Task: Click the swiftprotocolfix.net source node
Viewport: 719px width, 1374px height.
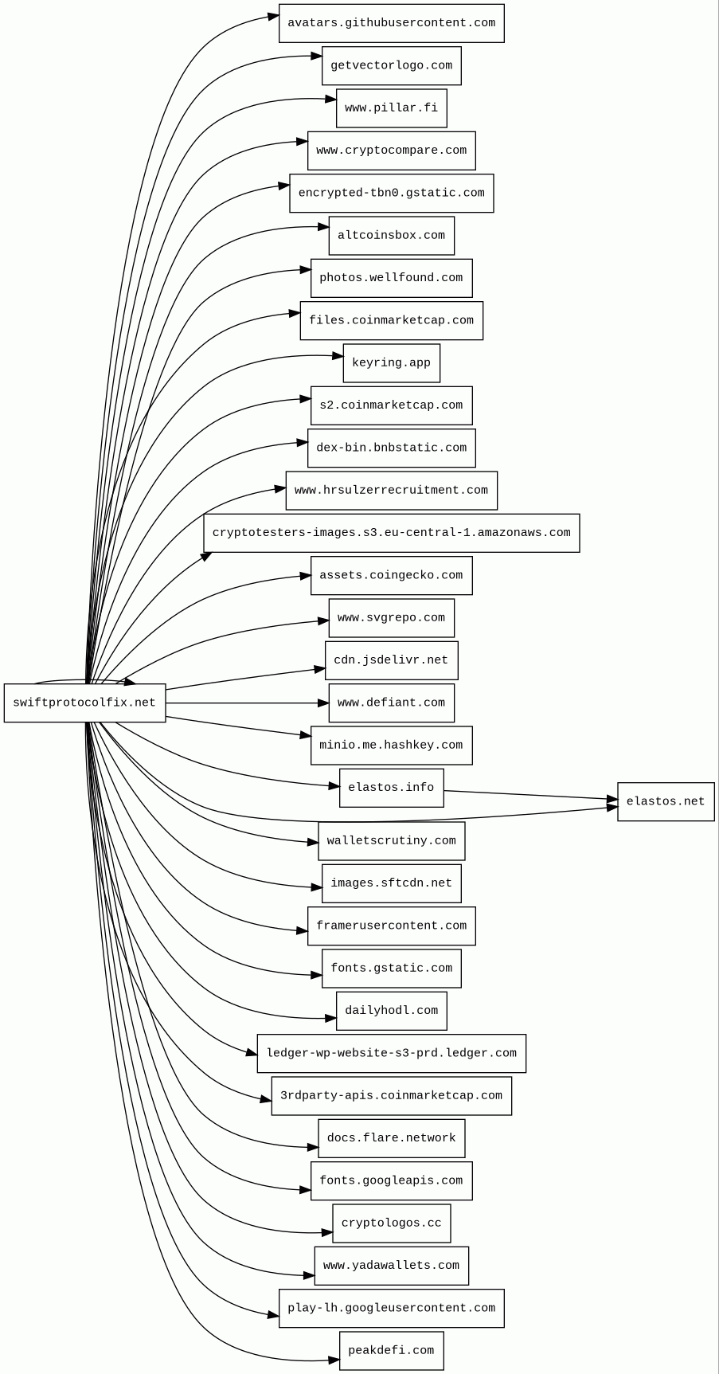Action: (x=84, y=703)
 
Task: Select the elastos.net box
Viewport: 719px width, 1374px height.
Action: (x=666, y=801)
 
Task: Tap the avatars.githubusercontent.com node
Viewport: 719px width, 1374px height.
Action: (x=391, y=23)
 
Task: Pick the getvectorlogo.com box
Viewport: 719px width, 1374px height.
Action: (x=391, y=65)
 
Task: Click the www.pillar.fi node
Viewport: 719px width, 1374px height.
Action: (x=391, y=108)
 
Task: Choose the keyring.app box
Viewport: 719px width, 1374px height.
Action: (x=391, y=363)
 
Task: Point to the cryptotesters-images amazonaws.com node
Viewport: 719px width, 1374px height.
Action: (x=391, y=533)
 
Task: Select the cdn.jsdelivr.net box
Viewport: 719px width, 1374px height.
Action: (x=391, y=660)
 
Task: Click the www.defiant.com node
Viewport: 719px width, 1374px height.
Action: (x=391, y=703)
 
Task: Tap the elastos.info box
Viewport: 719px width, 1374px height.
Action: (x=391, y=788)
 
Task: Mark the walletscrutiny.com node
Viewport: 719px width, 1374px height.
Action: (x=391, y=841)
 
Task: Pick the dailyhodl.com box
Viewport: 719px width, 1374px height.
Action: (x=391, y=1011)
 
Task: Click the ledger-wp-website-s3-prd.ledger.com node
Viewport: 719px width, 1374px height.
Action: (x=391, y=1053)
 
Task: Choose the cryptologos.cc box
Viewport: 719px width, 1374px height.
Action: (x=391, y=1223)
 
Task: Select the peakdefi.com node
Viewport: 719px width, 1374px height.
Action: (x=391, y=1351)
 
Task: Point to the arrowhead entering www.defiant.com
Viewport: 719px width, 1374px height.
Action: (x=323, y=703)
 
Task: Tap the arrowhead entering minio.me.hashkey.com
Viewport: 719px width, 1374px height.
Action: (x=305, y=735)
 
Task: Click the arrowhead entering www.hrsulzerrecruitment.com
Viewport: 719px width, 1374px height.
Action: (x=280, y=489)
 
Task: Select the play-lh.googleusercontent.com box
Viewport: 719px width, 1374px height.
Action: (x=391, y=1308)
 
